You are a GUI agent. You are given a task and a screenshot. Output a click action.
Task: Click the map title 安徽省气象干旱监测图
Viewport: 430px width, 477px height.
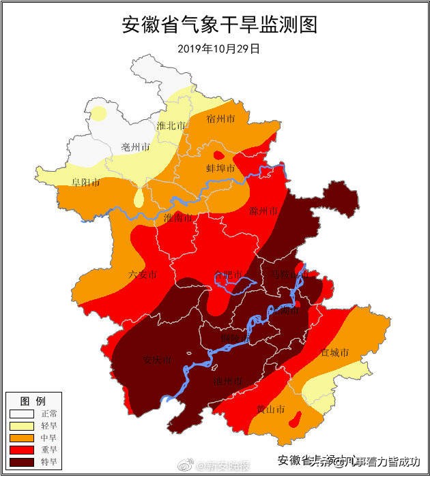(220, 25)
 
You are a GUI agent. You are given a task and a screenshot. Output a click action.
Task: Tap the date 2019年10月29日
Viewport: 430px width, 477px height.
(219, 49)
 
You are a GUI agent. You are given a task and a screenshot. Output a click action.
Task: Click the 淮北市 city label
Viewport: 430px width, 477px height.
(171, 126)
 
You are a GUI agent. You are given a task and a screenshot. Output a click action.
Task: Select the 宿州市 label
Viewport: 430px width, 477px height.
(220, 119)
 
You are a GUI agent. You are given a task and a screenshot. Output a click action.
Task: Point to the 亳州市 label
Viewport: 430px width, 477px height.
(134, 147)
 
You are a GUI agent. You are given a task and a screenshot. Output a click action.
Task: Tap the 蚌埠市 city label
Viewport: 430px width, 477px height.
(220, 168)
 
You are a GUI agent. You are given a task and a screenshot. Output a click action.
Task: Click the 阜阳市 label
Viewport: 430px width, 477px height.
(86, 183)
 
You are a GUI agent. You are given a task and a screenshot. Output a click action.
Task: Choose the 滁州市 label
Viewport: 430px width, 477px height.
(263, 211)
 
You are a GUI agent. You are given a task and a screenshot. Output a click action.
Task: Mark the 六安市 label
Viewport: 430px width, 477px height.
(143, 275)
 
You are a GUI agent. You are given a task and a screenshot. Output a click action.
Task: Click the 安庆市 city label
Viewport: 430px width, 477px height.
(157, 359)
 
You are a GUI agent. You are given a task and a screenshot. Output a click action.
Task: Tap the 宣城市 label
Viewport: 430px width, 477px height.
(334, 353)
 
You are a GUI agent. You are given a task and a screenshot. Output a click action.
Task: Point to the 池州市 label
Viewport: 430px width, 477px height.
(227, 380)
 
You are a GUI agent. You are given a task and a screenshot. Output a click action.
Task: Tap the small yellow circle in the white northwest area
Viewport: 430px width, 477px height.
(100, 112)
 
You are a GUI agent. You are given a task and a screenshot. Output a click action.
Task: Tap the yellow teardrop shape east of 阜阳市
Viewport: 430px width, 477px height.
(139, 198)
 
